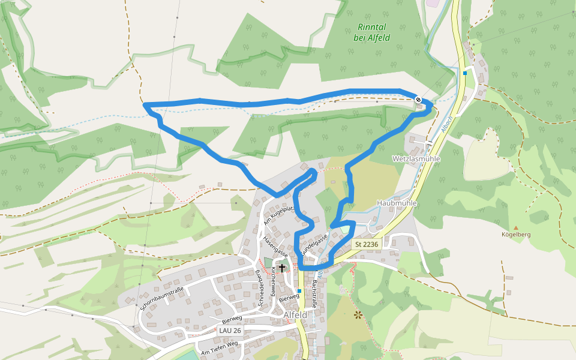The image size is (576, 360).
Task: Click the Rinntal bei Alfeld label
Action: (373, 32)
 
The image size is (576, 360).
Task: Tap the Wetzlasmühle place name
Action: (416, 159)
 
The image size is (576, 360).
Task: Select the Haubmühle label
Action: (397, 203)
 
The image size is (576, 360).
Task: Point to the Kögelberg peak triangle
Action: (515, 228)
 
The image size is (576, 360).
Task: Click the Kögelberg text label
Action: (516, 235)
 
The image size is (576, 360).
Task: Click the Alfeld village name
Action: (295, 315)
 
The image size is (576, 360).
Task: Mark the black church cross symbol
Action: (281, 268)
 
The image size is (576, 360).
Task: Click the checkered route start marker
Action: (418, 100)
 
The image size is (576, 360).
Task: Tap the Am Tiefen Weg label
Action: (220, 347)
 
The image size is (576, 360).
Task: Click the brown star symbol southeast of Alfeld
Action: (358, 314)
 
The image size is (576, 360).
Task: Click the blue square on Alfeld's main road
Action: (299, 291)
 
